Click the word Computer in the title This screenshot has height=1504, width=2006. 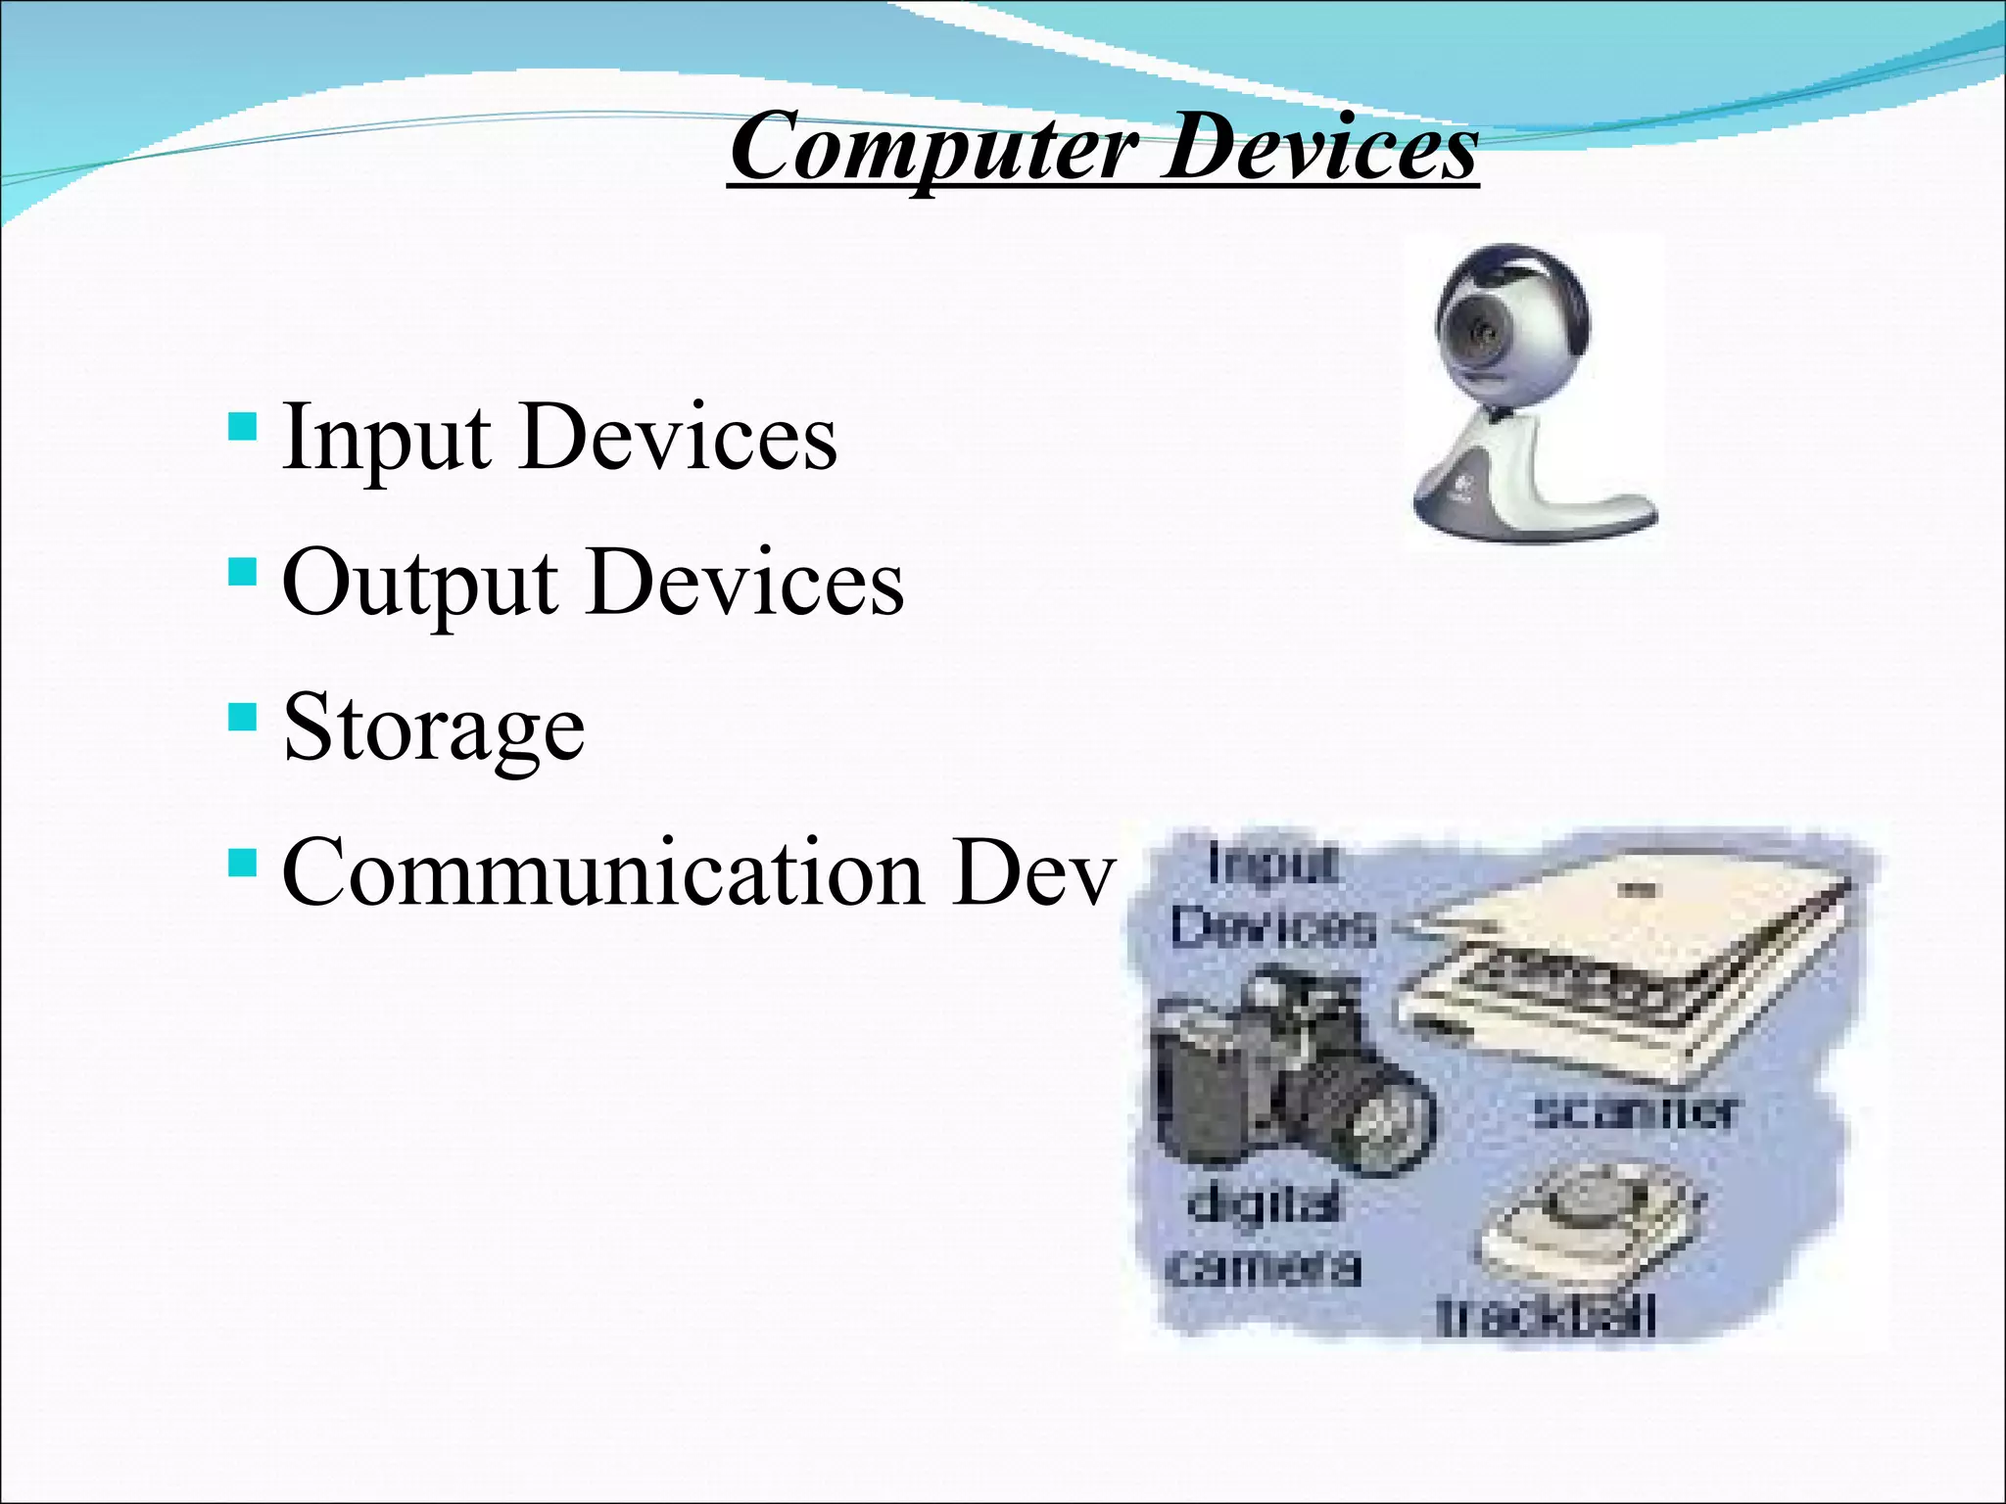tap(935, 149)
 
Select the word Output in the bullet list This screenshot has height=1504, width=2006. tap(420, 583)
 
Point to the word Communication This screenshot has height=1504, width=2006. tap(602, 872)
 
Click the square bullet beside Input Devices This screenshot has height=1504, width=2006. tap(242, 427)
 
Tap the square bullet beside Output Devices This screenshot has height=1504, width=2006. tap(242, 572)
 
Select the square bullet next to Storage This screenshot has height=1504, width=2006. tap(242, 717)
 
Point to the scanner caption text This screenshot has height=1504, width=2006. tap(1635, 1112)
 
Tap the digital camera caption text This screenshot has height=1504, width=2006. tap(1264, 1236)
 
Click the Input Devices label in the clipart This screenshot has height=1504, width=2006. tap(1273, 896)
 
